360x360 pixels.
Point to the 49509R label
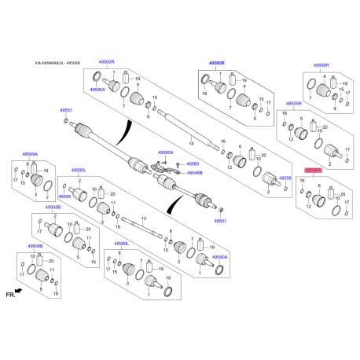coord(321,64)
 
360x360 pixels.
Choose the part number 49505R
coord(295,104)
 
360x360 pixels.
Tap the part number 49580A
coord(166,152)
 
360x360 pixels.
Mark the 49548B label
coord(195,171)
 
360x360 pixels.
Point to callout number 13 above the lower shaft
coord(144,219)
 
